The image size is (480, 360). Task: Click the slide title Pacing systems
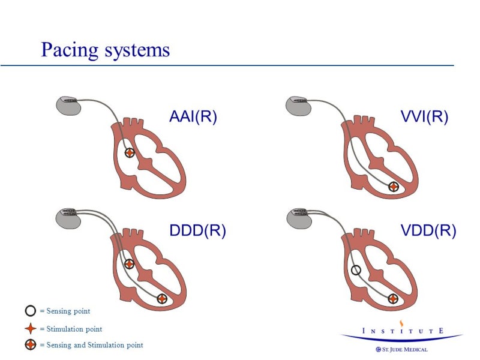(x=105, y=49)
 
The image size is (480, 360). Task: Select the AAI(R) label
(x=193, y=116)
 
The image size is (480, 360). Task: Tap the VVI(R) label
(x=424, y=116)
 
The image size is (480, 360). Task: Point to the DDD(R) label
(x=197, y=230)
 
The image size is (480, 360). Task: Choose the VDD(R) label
(x=428, y=230)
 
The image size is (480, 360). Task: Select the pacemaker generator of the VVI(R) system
(x=299, y=105)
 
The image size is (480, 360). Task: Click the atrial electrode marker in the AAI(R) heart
(x=130, y=152)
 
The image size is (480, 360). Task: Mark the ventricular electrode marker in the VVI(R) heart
(x=393, y=187)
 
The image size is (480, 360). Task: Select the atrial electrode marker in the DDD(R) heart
(x=129, y=263)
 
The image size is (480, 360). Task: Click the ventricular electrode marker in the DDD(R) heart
(x=161, y=298)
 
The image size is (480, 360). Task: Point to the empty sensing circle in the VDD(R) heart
(x=356, y=270)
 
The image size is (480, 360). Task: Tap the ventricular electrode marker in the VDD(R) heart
(x=393, y=298)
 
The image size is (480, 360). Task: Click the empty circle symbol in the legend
(x=30, y=311)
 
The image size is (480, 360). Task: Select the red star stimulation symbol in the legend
(x=30, y=329)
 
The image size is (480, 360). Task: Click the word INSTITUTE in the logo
(x=403, y=331)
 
